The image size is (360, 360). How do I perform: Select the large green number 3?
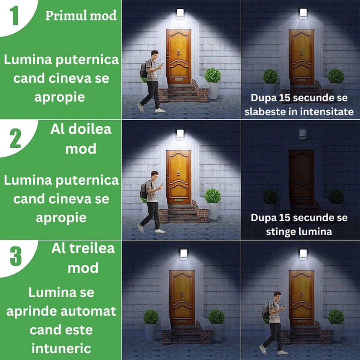pyautogui.click(x=15, y=256)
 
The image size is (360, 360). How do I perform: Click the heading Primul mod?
pyautogui.click(x=81, y=16)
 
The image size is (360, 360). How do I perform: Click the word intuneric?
pyautogui.click(x=61, y=348)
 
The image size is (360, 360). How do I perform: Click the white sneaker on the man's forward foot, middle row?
pyautogui.click(x=160, y=230)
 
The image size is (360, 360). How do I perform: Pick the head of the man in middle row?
pyautogui.click(x=155, y=176)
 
